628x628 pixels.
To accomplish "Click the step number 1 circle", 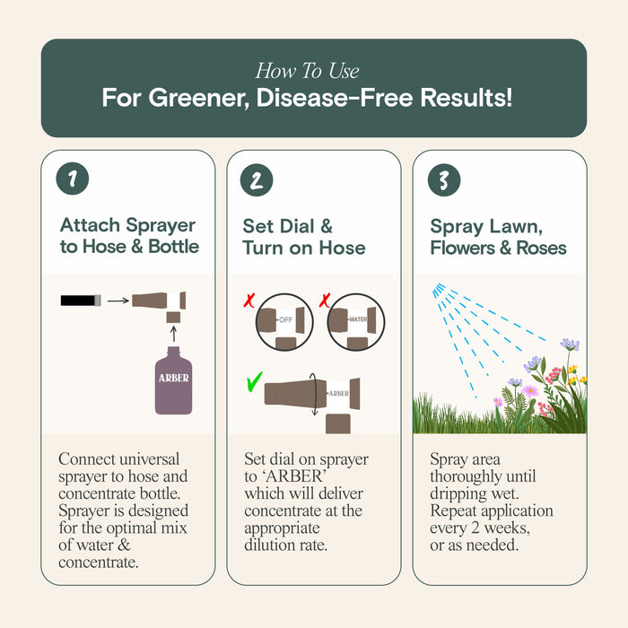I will pyautogui.click(x=72, y=179).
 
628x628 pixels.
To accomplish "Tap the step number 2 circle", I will pyautogui.click(x=257, y=179).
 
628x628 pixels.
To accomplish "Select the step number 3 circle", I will pyautogui.click(x=443, y=179).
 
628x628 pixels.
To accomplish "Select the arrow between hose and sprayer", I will pyautogui.click(x=118, y=300).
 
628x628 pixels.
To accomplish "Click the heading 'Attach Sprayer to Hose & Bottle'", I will pyautogui.click(x=127, y=236).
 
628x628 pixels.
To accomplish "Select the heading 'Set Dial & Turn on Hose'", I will pyautogui.click(x=303, y=236).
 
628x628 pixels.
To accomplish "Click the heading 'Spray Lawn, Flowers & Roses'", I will pyautogui.click(x=498, y=236).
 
